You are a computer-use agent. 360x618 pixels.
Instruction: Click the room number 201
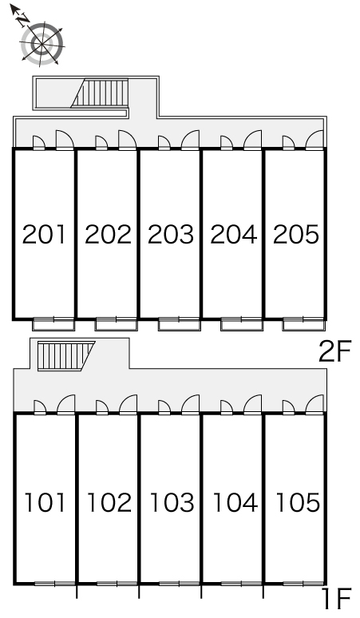pos(44,234)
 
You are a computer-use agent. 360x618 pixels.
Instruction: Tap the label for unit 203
pos(171,234)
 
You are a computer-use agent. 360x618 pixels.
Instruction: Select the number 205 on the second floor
pos(296,234)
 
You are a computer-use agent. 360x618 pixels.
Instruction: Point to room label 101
pos(45,502)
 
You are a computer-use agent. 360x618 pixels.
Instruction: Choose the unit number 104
pos(235,502)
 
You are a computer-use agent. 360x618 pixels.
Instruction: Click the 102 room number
pos(109,502)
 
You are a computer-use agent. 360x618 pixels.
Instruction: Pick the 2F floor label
pos(334,352)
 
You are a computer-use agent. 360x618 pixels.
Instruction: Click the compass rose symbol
pos(42,43)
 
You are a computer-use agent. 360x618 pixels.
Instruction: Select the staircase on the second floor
pos(100,93)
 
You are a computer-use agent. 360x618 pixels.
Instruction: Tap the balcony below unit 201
pos(53,324)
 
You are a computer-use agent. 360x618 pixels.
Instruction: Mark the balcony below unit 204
pos(241,324)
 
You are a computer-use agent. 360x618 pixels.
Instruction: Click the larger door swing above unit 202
pos(127,141)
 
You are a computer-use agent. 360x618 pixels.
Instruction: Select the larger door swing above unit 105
pos(315,404)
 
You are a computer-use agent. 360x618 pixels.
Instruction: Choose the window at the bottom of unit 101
pos(55,584)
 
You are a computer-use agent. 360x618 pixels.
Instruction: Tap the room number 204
pos(234,234)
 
